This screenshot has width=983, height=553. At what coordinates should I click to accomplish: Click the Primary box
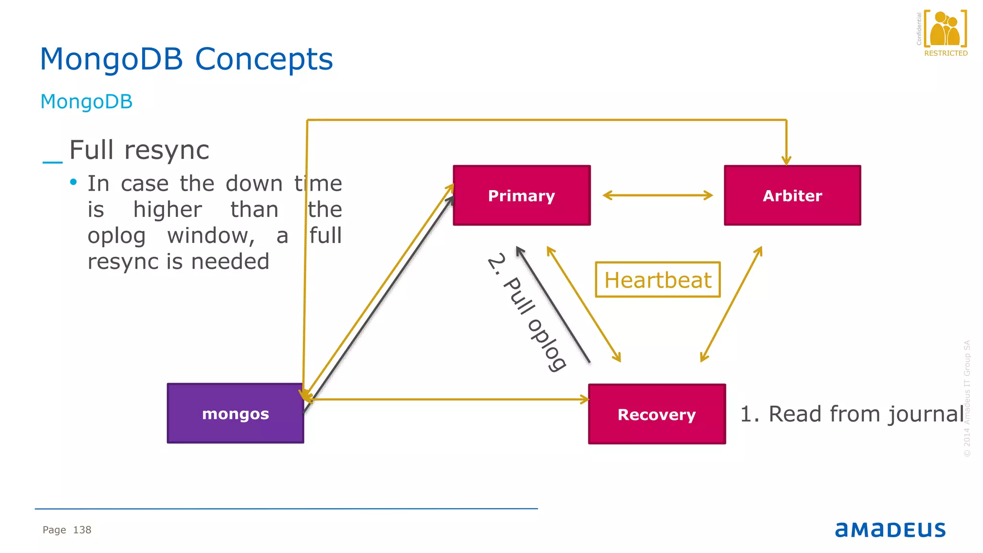[522, 195]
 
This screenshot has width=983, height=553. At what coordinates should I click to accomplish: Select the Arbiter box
[792, 195]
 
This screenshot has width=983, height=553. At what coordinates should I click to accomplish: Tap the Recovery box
[657, 414]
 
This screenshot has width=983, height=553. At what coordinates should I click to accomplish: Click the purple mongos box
[235, 413]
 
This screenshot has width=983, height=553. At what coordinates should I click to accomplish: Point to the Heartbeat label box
[658, 280]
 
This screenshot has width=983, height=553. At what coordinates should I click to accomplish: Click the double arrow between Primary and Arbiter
[658, 195]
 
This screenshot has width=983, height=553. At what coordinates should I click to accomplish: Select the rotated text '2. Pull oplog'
[527, 312]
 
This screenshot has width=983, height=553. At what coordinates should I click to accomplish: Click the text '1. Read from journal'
[852, 414]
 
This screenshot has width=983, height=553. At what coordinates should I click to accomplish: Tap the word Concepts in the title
[264, 60]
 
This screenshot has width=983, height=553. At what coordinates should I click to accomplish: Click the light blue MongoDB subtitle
[86, 102]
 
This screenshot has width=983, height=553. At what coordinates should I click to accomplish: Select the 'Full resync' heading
[139, 150]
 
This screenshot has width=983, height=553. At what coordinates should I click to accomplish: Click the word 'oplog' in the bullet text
[117, 236]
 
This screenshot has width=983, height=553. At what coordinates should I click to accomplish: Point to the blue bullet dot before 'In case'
[73, 182]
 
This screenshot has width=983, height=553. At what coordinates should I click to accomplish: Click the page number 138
[82, 530]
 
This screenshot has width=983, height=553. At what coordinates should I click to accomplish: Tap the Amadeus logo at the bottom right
[890, 529]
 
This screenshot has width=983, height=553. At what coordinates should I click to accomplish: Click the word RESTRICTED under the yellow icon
[946, 53]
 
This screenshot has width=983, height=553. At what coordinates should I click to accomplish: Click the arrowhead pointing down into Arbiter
[786, 160]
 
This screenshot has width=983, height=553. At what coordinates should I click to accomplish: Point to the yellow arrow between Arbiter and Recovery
[731, 304]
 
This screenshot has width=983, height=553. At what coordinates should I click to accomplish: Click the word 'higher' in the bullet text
[168, 210]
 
